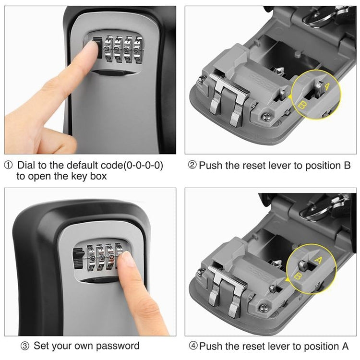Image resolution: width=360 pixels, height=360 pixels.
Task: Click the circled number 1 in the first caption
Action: point(9,166)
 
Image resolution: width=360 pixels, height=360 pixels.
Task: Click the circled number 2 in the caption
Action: point(192,166)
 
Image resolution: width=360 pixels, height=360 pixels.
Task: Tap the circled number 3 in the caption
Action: point(25,346)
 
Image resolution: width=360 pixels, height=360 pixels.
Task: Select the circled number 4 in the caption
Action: point(192,346)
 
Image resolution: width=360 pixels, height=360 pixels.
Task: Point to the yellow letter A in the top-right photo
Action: point(327,87)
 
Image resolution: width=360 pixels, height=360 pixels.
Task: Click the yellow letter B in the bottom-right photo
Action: point(298,276)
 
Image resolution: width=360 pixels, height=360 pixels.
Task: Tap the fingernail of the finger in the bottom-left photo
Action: point(128,260)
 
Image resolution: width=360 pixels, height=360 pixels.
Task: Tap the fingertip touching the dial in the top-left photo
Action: point(91,48)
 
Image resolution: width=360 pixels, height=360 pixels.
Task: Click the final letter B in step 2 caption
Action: point(347,166)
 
